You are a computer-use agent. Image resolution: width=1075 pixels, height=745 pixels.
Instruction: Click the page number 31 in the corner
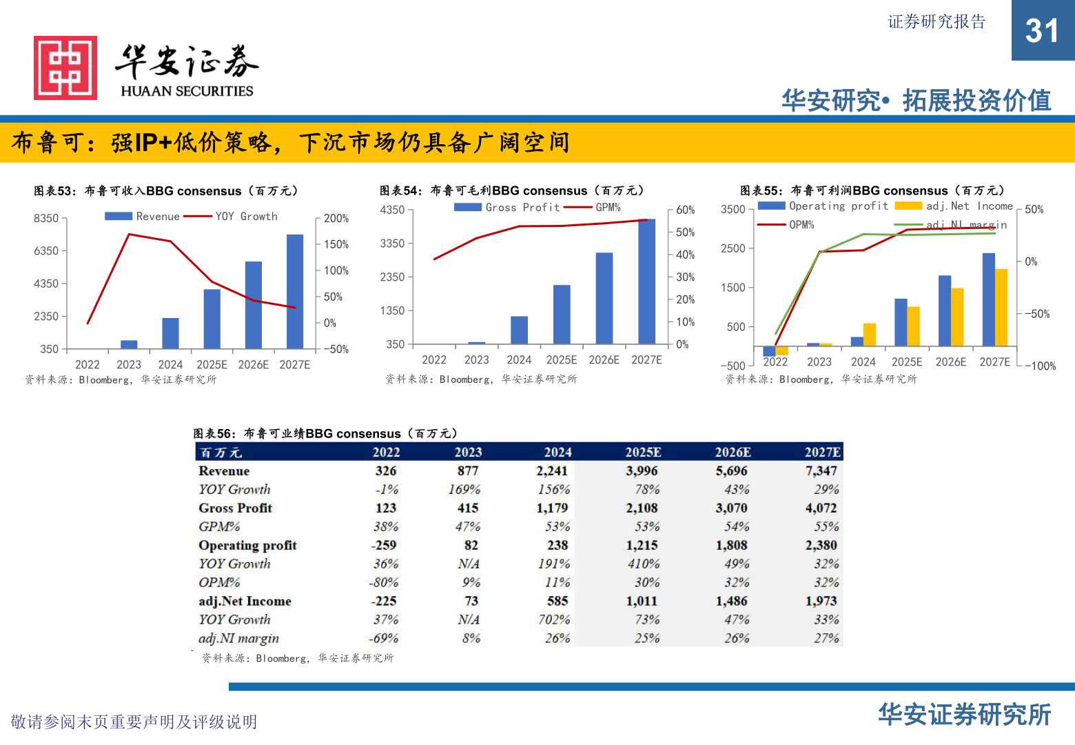(x=1042, y=31)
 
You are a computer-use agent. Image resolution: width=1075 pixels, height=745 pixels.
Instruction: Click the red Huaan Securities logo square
(x=65, y=68)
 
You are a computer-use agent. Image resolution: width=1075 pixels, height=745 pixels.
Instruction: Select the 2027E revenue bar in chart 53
(x=295, y=291)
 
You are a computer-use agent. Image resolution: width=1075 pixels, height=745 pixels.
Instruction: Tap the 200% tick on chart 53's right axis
(x=336, y=219)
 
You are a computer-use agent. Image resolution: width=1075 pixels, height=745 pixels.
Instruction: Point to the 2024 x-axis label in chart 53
(x=170, y=365)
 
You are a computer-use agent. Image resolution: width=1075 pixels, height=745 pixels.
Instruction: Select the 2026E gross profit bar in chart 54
(x=604, y=298)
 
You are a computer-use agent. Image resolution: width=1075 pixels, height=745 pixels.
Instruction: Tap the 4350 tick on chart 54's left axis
(x=392, y=210)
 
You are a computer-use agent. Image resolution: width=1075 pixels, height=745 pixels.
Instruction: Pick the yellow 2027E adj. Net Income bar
(x=1001, y=307)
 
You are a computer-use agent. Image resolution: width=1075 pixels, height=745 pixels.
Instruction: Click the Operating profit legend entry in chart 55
(x=823, y=206)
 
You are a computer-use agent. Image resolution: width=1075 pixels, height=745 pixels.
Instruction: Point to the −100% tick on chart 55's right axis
(x=1040, y=366)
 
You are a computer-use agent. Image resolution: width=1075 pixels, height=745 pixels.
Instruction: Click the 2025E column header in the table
(x=643, y=453)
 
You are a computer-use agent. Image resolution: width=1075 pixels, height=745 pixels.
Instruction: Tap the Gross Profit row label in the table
(x=236, y=508)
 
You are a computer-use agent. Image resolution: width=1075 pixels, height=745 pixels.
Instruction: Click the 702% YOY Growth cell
(x=554, y=620)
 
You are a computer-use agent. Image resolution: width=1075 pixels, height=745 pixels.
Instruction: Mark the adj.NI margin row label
(x=239, y=639)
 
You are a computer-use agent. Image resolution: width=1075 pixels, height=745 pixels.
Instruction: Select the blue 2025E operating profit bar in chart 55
(x=901, y=322)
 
